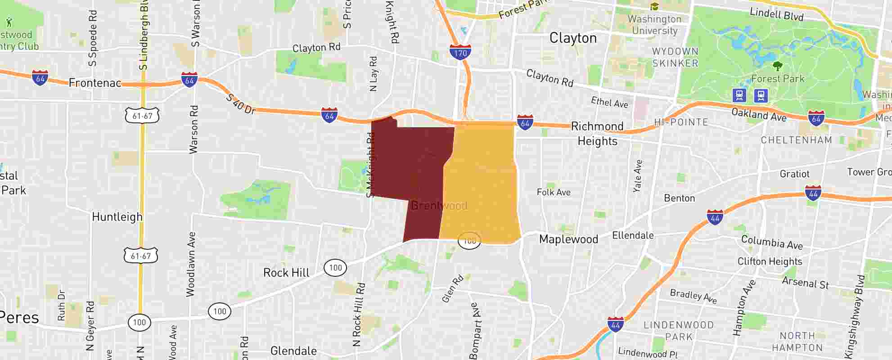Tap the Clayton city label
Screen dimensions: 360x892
[573, 38]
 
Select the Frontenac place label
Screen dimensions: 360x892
[95, 82]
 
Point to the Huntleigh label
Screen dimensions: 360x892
[117, 217]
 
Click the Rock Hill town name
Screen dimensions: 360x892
[286, 273]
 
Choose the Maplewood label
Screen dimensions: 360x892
[568, 239]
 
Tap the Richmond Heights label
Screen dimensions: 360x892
[597, 134]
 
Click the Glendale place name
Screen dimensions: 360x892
[293, 351]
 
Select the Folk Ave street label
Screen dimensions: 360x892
[554, 192]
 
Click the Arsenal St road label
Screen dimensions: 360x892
[805, 282]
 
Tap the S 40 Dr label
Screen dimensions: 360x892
[241, 104]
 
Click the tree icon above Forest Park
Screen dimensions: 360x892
[777, 66]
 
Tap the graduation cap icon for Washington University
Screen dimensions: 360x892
[654, 6]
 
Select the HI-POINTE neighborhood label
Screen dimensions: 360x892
[681, 122]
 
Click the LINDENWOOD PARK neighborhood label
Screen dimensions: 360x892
[679, 331]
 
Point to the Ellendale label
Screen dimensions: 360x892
[633, 235]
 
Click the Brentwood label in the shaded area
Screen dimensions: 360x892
[439, 206]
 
